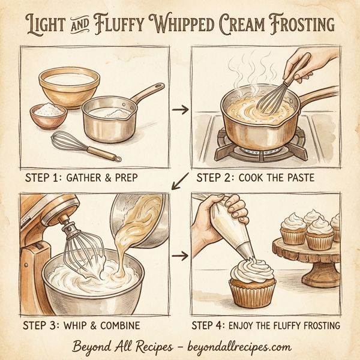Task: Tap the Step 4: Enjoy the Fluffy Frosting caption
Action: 265,326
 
